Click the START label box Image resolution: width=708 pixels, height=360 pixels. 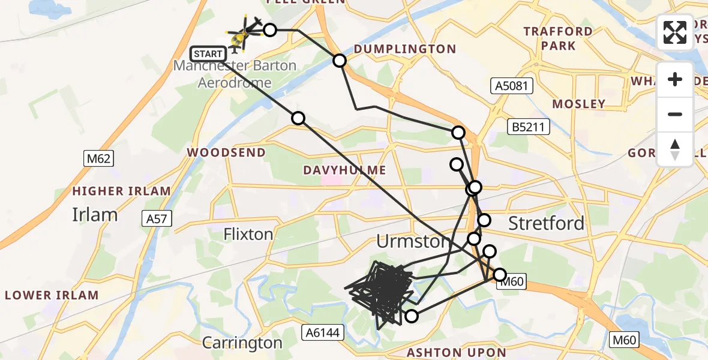pos(208,54)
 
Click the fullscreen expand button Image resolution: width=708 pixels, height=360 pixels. pos(675,32)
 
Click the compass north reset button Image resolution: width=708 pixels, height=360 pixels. pos(675,149)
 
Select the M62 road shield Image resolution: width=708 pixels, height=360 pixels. pos(98,159)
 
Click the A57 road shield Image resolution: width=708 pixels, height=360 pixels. pos(157,219)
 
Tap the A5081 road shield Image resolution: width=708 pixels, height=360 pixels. pos(512,86)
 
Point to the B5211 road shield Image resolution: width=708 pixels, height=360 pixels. pos(528,127)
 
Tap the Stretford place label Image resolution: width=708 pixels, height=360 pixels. pos(546,223)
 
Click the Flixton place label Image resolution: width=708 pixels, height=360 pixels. pos(248,233)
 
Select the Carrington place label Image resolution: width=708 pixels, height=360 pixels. pos(242,343)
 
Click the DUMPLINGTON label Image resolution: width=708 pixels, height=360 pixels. pos(404,49)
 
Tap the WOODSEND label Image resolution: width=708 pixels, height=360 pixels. pos(226,152)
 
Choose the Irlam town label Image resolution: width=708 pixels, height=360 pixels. pos(94,214)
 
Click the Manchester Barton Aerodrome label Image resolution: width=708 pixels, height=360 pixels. pos(235,74)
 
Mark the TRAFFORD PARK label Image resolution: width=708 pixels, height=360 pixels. pos(558,38)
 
